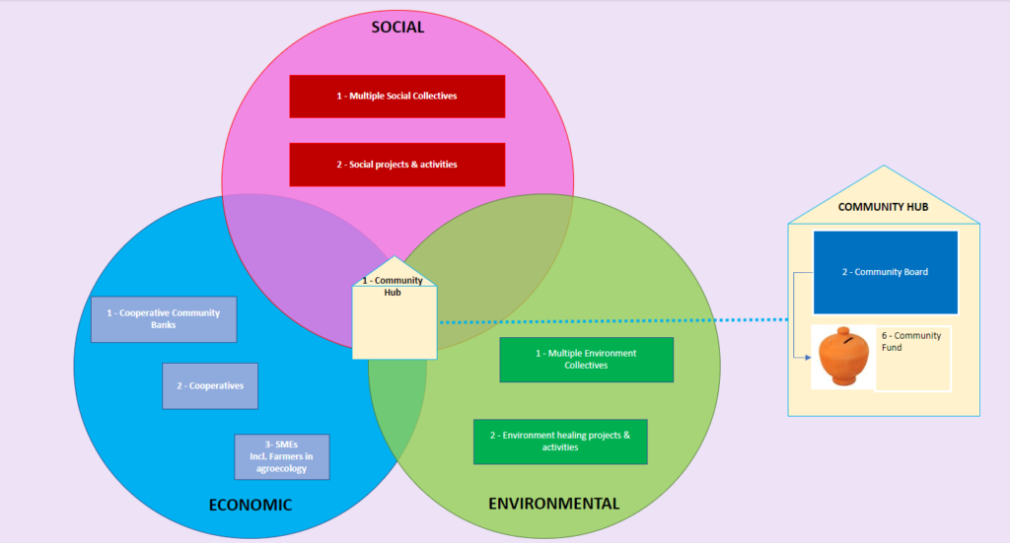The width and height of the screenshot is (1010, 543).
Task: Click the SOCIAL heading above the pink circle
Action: [x=397, y=27]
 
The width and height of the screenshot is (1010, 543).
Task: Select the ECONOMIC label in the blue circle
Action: [x=251, y=505]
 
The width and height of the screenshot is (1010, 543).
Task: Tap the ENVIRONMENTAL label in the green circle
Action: [x=553, y=504]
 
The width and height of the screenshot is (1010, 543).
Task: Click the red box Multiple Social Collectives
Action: [x=397, y=97]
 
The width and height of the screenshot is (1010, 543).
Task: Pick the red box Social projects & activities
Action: [x=397, y=165]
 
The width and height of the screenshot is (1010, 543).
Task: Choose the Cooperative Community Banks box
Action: [x=164, y=319]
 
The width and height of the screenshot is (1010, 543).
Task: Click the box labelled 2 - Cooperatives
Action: [x=210, y=386]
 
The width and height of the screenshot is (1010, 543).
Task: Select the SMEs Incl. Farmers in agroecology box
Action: [x=282, y=456]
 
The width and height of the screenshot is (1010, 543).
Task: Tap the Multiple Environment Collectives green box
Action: [x=586, y=360]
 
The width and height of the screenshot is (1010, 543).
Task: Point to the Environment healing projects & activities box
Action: [x=560, y=441]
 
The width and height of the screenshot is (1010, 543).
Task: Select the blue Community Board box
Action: [x=885, y=272]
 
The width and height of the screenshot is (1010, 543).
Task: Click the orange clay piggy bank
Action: [x=843, y=356]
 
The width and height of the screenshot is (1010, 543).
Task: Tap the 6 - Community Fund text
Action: [x=911, y=342]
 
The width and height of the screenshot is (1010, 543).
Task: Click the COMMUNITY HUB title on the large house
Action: [x=883, y=207]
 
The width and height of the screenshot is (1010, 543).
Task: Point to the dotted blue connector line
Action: [x=612, y=321]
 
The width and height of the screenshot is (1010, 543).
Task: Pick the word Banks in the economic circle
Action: [x=164, y=325]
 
